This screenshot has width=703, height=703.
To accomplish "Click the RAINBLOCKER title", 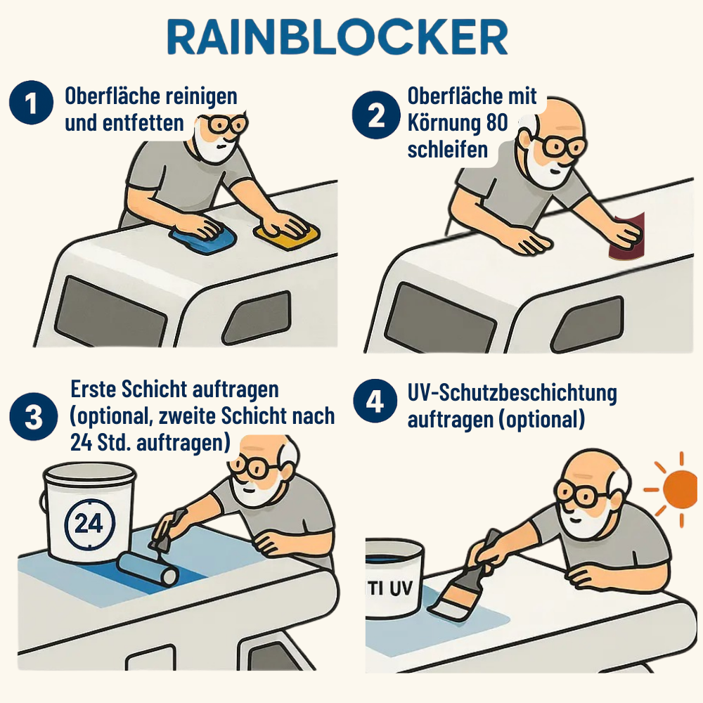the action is pos(337,37).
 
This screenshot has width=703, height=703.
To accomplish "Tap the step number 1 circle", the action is pos(32,103).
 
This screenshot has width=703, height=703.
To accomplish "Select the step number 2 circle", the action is pos(375,115).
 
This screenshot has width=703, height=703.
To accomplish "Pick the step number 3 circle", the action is pos(34,416).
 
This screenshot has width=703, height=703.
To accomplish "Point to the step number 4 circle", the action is pos(375,401).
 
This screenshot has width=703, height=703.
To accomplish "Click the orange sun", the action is pos(678,489).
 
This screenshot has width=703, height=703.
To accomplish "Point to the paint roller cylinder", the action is pos(148,569).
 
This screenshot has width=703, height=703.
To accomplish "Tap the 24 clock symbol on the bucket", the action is pos(90,523).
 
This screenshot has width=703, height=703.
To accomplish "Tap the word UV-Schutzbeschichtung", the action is pos(512,393).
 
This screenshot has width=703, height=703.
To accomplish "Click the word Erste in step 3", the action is pos(93,389).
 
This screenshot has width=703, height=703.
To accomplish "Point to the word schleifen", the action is pos(447,149).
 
